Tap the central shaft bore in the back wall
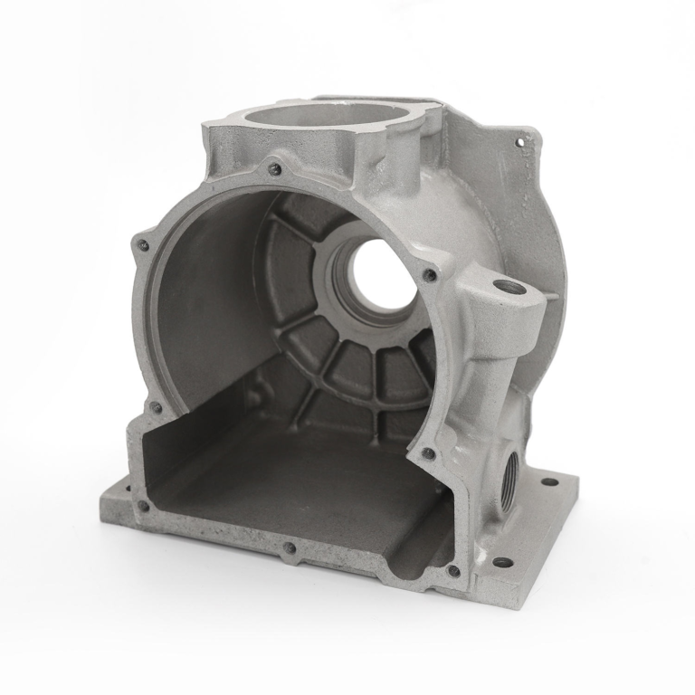(x=380, y=275)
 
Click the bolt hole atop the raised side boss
(x=503, y=288)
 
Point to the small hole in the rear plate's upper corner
(x=520, y=140)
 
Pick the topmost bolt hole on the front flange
(x=275, y=168)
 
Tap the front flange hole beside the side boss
(x=430, y=273)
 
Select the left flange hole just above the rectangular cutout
(x=155, y=408)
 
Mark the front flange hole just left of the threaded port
(x=428, y=452)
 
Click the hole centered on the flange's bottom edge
(x=289, y=547)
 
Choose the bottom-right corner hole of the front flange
(x=453, y=570)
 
